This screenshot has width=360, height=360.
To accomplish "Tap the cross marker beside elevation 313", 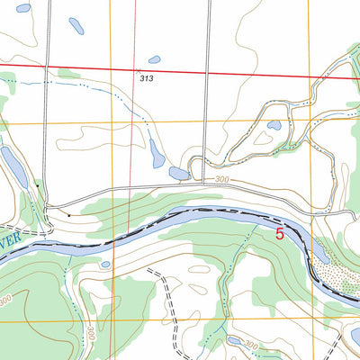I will [137, 69].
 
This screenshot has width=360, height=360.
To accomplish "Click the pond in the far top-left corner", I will [23, 7].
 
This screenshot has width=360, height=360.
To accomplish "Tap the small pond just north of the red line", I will [154, 59].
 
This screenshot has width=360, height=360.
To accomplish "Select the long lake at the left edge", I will [13, 164].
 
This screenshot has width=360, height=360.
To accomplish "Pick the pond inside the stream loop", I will [274, 126].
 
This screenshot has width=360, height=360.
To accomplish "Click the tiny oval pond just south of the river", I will [105, 265].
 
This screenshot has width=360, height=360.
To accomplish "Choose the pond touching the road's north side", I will [178, 173].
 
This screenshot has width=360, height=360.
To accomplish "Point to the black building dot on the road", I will [69, 216].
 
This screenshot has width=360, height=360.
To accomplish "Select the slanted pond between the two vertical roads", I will [157, 153].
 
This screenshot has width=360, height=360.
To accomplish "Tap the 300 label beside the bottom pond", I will [251, 346].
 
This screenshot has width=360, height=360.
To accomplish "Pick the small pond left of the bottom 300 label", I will [235, 342].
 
